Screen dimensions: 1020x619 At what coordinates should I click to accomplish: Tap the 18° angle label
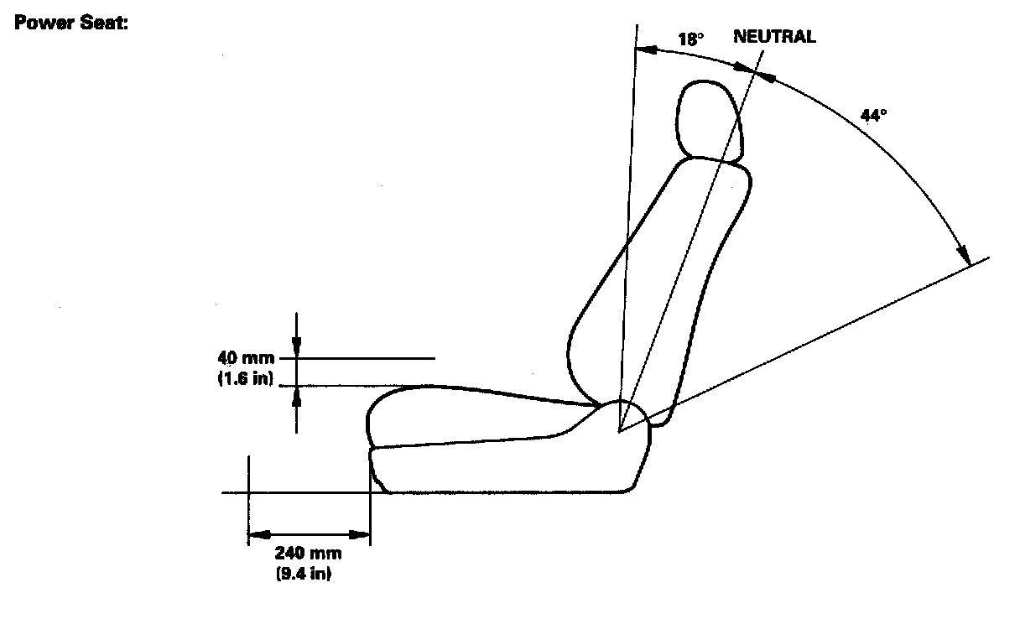(x=690, y=39)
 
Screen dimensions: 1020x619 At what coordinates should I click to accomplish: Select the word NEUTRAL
(x=773, y=38)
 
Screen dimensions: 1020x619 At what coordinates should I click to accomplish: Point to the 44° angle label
(x=873, y=115)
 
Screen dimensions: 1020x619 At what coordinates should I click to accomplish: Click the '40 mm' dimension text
(x=245, y=361)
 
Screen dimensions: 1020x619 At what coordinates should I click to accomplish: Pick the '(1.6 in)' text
(x=245, y=378)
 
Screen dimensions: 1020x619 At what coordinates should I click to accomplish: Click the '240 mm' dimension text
(x=308, y=555)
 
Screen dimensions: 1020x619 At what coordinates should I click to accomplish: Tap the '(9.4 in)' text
(x=308, y=575)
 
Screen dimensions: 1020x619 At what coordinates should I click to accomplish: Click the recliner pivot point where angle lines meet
(x=619, y=432)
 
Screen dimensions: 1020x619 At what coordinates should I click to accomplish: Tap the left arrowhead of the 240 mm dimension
(x=255, y=534)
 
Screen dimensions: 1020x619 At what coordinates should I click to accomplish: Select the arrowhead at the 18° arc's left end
(x=643, y=49)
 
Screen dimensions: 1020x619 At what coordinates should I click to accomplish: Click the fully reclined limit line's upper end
(x=987, y=257)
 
